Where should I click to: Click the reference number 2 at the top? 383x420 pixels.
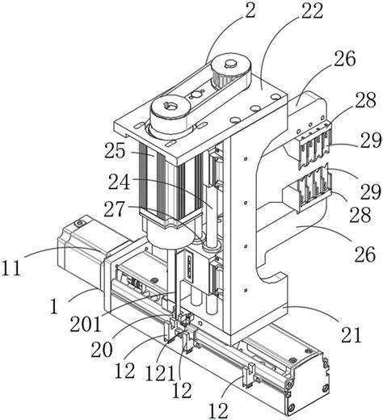pos(250,10)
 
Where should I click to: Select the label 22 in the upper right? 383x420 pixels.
pos(312,10)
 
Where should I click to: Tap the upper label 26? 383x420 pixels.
pos(345,58)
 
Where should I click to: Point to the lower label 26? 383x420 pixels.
pos(365,254)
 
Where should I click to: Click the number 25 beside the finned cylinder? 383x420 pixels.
pos(115,150)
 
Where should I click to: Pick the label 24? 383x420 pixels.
pos(119,183)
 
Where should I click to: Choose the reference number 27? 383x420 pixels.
pos(115,209)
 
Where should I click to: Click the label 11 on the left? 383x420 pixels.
pos(11,268)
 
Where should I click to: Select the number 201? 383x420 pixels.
pos(86,323)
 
